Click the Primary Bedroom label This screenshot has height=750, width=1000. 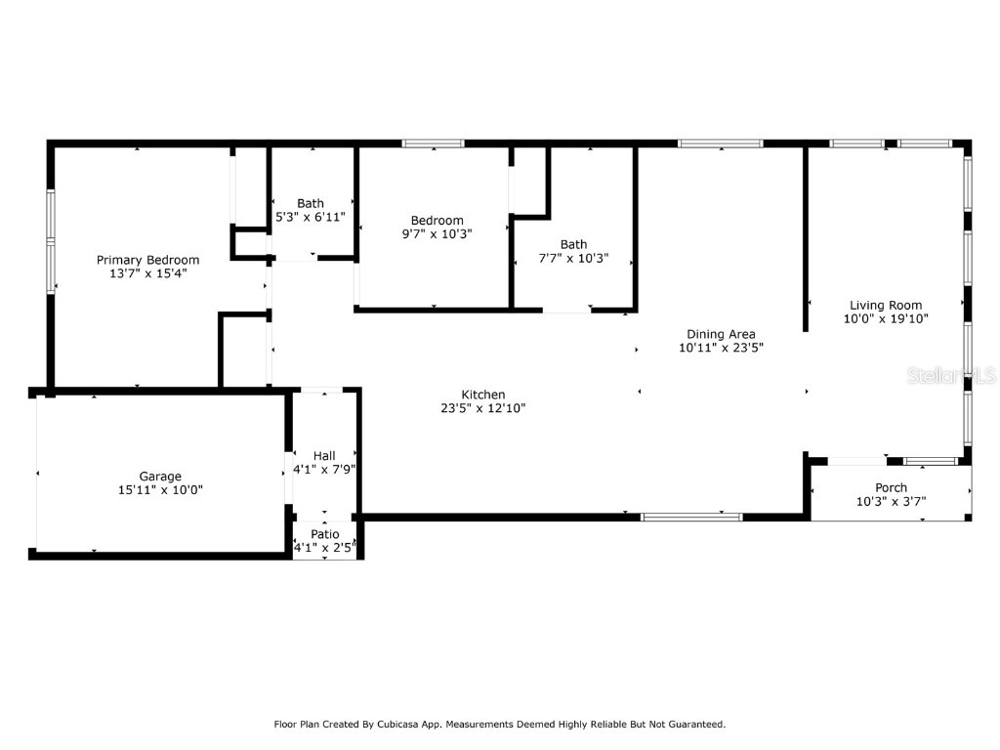(x=147, y=260)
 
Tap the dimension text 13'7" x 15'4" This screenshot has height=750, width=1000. (x=147, y=273)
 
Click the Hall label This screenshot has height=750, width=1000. (x=324, y=456)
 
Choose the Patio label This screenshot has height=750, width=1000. (x=325, y=534)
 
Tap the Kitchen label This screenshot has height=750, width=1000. (x=483, y=395)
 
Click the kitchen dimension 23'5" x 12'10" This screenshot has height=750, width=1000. (x=483, y=408)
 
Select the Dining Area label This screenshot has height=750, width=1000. (x=721, y=334)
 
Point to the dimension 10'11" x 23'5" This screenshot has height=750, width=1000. (x=721, y=348)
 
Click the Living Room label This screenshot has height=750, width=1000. (x=885, y=305)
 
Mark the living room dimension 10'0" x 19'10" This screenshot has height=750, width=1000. (x=885, y=318)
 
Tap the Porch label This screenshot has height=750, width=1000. (x=891, y=487)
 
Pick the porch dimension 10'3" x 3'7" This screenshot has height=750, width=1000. (x=891, y=502)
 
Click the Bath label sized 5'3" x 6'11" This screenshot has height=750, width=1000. (x=311, y=203)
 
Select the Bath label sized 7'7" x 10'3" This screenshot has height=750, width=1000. (x=573, y=244)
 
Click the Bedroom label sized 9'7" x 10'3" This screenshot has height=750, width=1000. (x=437, y=221)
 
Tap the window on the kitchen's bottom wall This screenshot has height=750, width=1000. (x=691, y=517)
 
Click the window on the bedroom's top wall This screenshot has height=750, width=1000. (x=433, y=144)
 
